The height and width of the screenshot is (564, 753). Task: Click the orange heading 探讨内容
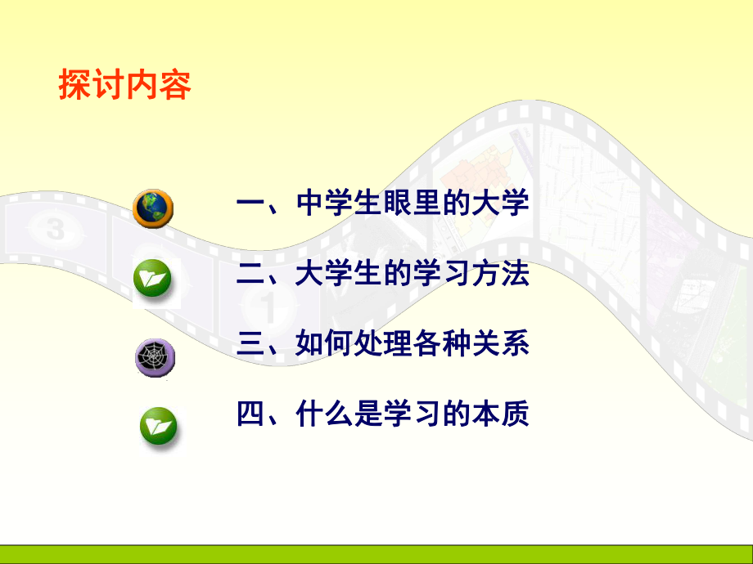[x=124, y=85]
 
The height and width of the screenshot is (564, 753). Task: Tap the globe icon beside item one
[x=153, y=208]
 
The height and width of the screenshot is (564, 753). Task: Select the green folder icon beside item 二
[x=153, y=280]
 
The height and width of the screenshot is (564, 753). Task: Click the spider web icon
[x=154, y=356]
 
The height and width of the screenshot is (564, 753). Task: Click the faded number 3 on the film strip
[x=55, y=230]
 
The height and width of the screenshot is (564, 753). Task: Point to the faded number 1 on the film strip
[x=267, y=309]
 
